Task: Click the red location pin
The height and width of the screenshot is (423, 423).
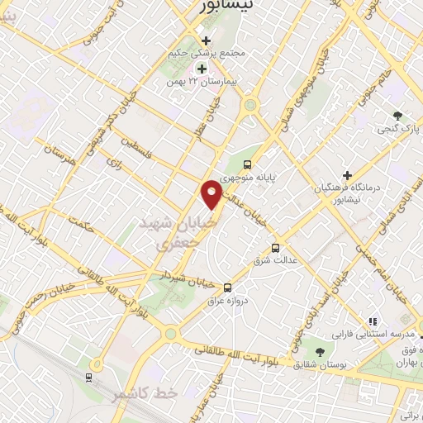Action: [212, 193]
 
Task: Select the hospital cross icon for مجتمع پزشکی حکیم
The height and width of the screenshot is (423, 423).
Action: [207, 40]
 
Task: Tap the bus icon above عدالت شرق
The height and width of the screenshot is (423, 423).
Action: [275, 247]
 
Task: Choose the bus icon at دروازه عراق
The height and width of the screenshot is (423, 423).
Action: [228, 287]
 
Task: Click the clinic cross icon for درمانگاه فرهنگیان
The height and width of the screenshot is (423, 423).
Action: [348, 176]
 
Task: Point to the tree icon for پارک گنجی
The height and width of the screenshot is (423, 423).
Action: [397, 115]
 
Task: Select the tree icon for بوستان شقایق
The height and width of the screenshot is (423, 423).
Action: [319, 353]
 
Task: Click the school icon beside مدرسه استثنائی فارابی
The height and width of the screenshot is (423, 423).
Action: [372, 321]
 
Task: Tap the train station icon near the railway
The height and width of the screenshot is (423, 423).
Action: [88, 377]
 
